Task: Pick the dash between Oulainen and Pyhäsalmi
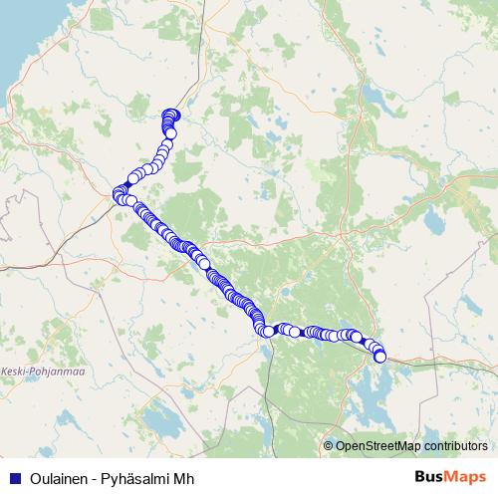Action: click(x=91, y=477)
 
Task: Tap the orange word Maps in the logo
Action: click(x=469, y=477)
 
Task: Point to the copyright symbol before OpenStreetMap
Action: click(x=329, y=445)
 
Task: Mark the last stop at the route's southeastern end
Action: click(x=379, y=357)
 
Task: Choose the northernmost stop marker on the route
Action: click(x=169, y=114)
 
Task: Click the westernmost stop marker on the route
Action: click(x=118, y=192)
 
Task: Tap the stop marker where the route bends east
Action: click(x=267, y=331)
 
